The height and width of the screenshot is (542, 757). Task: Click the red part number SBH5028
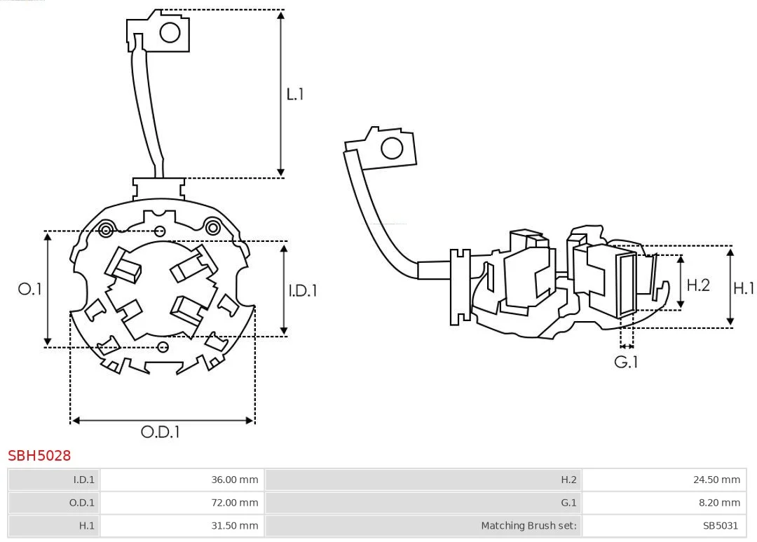39,456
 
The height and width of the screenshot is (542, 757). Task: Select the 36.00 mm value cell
182,480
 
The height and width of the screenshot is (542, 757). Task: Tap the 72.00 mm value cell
182,503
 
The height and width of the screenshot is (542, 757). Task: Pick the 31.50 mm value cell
182,525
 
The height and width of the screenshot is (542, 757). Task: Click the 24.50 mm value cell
664,480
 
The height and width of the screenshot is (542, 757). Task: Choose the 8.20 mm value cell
664,503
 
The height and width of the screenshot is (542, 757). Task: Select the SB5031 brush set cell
664,525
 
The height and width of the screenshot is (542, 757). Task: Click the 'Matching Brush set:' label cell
423,525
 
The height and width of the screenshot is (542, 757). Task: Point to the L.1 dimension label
295,94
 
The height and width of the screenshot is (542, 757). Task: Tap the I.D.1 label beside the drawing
303,290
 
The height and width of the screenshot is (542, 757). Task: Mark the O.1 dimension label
30,289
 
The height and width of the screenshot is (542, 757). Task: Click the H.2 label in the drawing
697,285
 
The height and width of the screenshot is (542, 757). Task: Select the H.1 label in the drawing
744,288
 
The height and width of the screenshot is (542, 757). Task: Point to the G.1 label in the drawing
627,362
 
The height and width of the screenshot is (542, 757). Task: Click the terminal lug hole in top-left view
170,32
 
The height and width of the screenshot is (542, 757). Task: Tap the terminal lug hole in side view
391,149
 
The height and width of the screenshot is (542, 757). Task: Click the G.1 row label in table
423,503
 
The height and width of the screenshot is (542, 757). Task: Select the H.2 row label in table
423,480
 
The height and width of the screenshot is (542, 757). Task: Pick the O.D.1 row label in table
54,503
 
